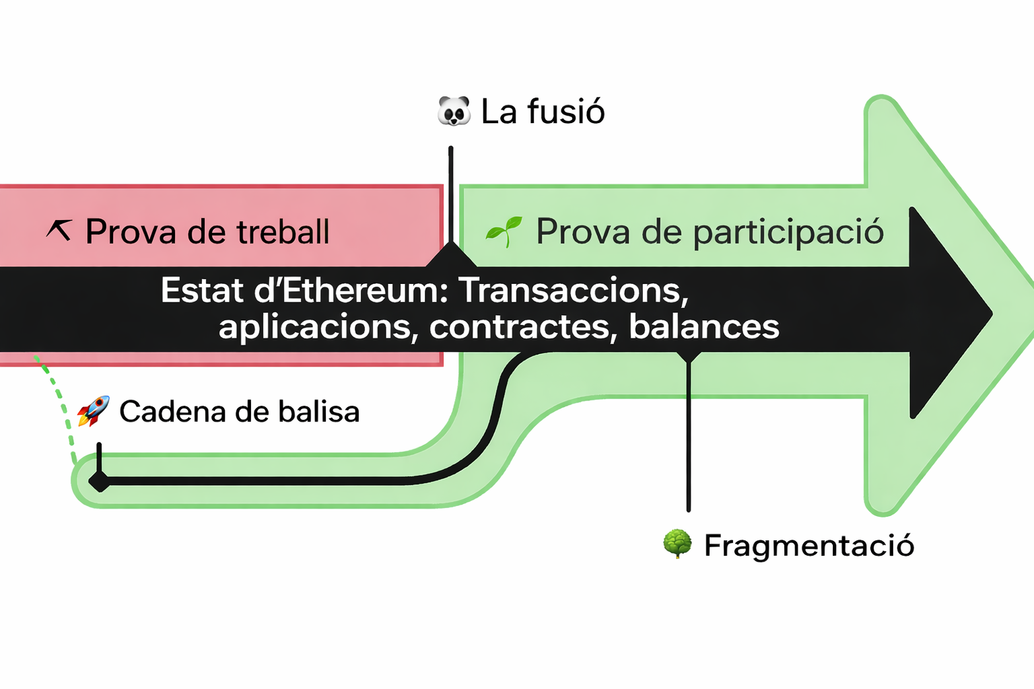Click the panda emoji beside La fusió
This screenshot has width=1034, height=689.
tap(454, 111)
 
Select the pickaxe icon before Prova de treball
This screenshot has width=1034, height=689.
tap(59, 230)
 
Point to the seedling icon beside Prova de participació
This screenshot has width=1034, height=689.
tap(504, 231)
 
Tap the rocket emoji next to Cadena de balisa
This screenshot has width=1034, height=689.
tap(93, 411)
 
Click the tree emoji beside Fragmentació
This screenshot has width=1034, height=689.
tap(677, 544)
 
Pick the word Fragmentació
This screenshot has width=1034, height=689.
tap(808, 545)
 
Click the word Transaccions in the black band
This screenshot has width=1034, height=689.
tap(574, 291)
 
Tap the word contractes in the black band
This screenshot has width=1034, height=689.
tap(522, 327)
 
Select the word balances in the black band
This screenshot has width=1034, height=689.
tap(703, 327)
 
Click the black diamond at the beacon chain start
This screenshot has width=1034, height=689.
tap(100, 481)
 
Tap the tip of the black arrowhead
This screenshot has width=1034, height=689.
tap(991, 313)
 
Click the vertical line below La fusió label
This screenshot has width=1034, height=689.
tap(450, 195)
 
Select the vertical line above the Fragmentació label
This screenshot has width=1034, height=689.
tap(688, 437)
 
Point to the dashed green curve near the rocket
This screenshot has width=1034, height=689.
tap(62, 410)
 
